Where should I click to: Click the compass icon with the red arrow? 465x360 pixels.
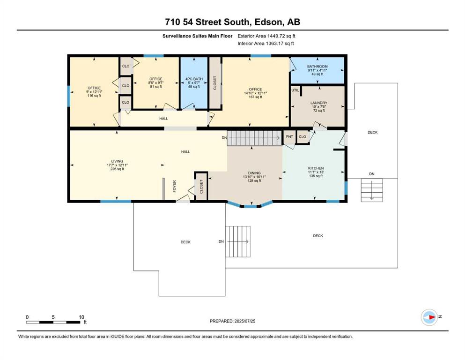click(x=429, y=317)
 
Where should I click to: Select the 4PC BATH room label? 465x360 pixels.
click(x=194, y=79)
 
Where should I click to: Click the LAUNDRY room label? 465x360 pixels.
click(x=319, y=103)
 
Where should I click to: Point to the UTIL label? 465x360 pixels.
click(x=295, y=90)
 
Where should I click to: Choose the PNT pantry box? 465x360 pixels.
click(x=289, y=137)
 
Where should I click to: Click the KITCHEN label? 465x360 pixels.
click(x=316, y=168)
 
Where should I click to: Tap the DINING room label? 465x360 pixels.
click(x=254, y=172)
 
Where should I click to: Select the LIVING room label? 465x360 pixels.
click(x=117, y=161)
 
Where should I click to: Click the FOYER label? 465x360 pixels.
click(x=174, y=186)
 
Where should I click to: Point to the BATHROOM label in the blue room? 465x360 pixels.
click(x=317, y=67)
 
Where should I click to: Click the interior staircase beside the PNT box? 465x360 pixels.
click(x=254, y=138)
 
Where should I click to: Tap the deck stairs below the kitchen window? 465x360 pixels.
click(x=372, y=190)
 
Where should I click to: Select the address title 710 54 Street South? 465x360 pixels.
click(x=207, y=22)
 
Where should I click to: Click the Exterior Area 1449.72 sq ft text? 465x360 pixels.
click(x=266, y=36)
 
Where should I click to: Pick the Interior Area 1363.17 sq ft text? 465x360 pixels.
click(x=266, y=43)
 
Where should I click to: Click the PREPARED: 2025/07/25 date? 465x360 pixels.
click(x=232, y=321)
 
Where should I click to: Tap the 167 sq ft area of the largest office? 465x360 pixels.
click(x=255, y=97)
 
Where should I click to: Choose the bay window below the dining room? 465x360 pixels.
click(x=250, y=204)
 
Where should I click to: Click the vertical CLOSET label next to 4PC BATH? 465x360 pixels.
click(x=215, y=83)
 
